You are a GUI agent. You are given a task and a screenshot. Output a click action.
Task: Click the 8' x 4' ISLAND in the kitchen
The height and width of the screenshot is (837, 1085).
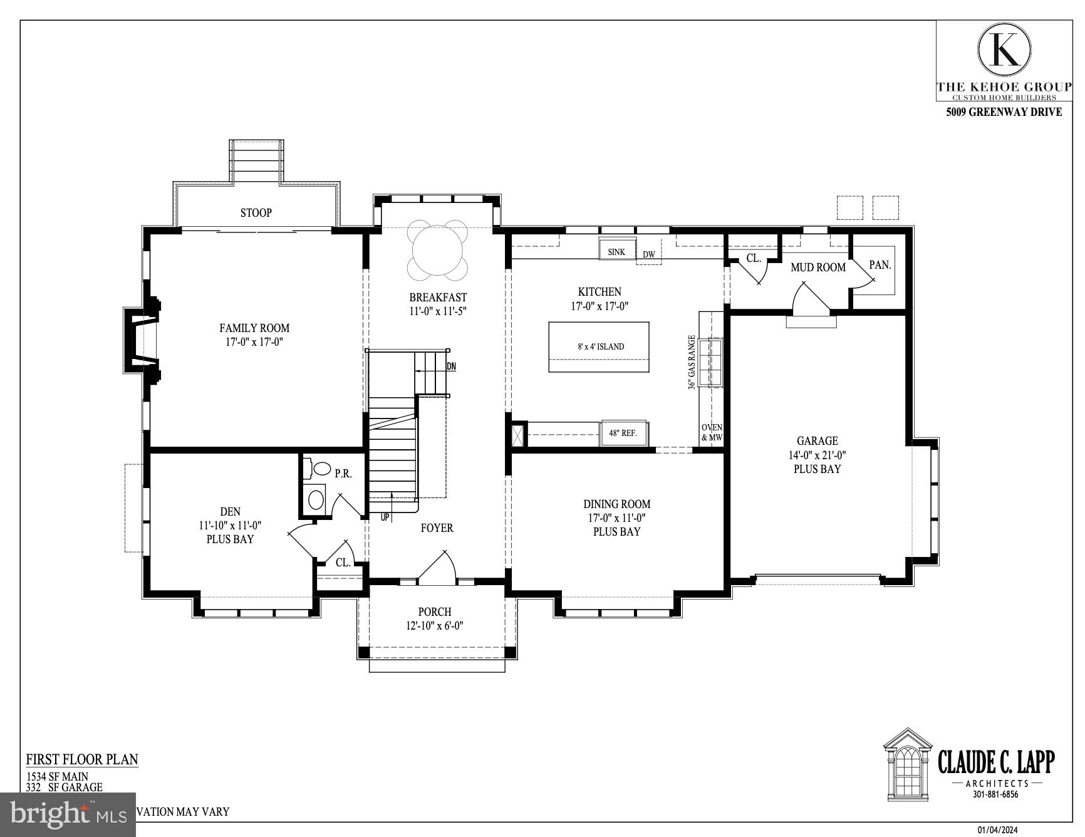pos(599,346)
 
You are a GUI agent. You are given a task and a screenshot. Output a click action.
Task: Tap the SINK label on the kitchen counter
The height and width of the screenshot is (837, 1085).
pos(616,252)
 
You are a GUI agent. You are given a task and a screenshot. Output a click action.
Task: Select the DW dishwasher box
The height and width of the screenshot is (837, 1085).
pos(648,255)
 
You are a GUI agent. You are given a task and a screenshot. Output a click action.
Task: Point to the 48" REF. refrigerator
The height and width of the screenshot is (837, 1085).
pos(623,433)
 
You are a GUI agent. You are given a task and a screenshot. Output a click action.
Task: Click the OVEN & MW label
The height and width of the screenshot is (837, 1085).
pos(712,432)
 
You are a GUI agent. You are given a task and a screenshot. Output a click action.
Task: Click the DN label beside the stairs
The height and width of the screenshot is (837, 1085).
pos(451,367)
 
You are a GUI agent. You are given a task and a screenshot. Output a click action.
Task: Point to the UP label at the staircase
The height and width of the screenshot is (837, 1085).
pos(385,517)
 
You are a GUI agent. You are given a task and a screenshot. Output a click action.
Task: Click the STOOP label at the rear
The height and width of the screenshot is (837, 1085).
pos(256,213)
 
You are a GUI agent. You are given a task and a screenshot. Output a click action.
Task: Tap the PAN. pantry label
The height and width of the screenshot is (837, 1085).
pos(880,265)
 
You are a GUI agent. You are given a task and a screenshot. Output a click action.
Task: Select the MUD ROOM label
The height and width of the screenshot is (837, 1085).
pos(818,268)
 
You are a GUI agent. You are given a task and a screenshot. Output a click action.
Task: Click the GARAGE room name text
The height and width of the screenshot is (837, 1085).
pos(817,441)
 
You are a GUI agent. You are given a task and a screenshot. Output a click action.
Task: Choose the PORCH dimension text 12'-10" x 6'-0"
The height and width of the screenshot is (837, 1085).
pos(434,625)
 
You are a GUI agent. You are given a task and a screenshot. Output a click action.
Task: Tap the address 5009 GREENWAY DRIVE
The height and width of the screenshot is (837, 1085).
pos(1004,112)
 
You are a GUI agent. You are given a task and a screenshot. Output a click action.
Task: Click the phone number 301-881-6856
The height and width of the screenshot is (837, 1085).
pos(995,794)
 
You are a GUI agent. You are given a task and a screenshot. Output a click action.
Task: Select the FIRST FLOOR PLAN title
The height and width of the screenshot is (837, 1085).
pos(82,759)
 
